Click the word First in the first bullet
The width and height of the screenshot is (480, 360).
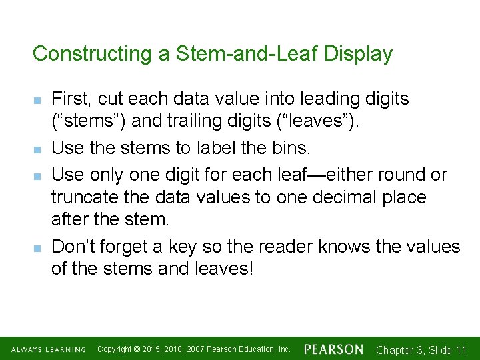(x=71, y=99)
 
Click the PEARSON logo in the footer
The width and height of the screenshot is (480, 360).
(x=333, y=349)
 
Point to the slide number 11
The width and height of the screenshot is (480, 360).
(x=461, y=349)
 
